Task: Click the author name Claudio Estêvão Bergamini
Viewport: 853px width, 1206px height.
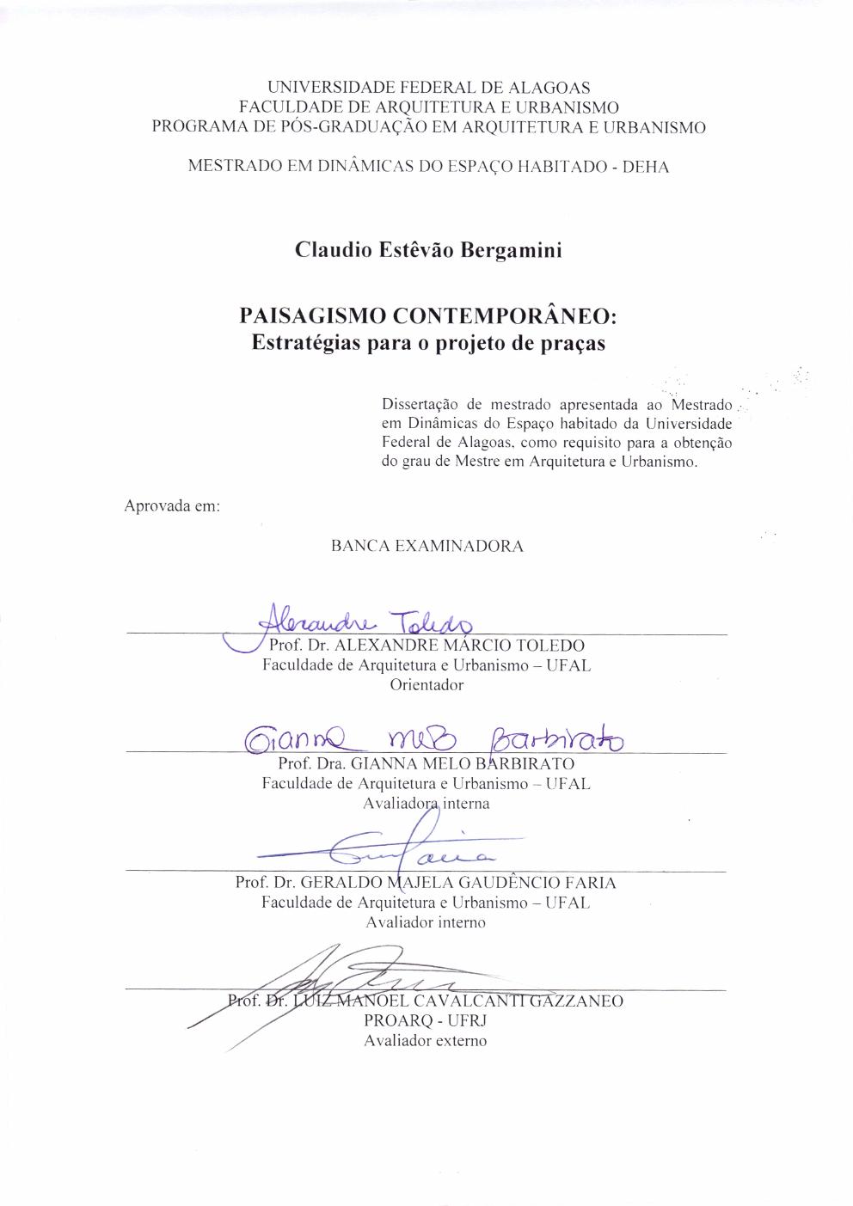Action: [x=427, y=250]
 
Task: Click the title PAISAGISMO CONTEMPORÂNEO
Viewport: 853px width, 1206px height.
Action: [x=427, y=315]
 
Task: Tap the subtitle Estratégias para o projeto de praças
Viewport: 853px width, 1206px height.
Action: [x=427, y=342]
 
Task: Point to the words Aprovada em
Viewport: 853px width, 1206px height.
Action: [x=173, y=505]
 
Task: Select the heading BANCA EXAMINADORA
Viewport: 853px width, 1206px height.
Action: [x=426, y=546]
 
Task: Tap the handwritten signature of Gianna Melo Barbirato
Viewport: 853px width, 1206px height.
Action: [x=434, y=738]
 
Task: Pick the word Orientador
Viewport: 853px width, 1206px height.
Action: [x=426, y=685]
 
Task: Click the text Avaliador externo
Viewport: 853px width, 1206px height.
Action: [x=426, y=1041]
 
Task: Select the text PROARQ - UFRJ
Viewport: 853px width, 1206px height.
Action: [x=426, y=1020]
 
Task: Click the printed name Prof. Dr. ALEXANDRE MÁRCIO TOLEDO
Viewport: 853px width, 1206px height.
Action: [x=426, y=646]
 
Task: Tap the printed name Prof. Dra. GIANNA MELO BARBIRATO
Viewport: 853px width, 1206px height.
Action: [x=426, y=763]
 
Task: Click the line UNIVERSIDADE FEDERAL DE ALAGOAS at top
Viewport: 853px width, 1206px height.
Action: [x=428, y=88]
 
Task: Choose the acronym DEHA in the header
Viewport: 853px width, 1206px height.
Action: [x=645, y=167]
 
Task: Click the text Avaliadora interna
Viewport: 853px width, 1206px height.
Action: [x=426, y=804]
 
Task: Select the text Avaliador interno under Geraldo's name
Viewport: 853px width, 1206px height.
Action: [x=426, y=922]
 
